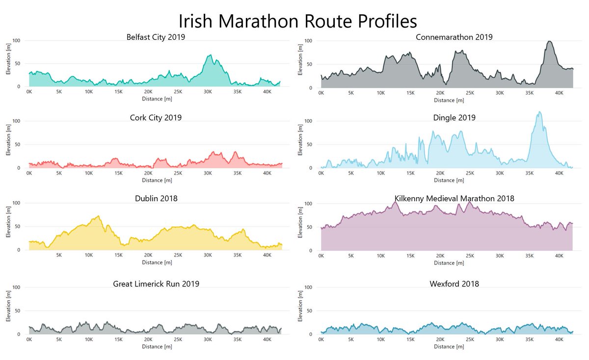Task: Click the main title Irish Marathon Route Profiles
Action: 297,22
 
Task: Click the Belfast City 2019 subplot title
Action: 156,37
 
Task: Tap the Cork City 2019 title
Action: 156,118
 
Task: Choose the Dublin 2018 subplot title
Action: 156,199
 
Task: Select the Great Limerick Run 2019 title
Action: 156,283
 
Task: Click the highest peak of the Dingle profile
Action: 540,112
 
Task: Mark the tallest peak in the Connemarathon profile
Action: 549,41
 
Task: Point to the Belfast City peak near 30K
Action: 211,55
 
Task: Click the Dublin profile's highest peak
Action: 99,216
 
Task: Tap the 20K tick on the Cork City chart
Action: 148,173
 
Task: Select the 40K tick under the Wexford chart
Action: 559,339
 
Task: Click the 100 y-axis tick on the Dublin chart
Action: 16,203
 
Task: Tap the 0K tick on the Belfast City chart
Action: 29,92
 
